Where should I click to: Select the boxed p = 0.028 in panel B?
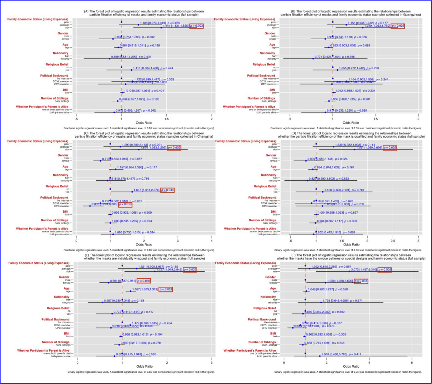click(x=398, y=26)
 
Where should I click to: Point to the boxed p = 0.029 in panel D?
click(x=390, y=148)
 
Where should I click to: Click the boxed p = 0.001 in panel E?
click(x=166, y=289)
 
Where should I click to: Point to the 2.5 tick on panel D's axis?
click(x=393, y=241)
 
